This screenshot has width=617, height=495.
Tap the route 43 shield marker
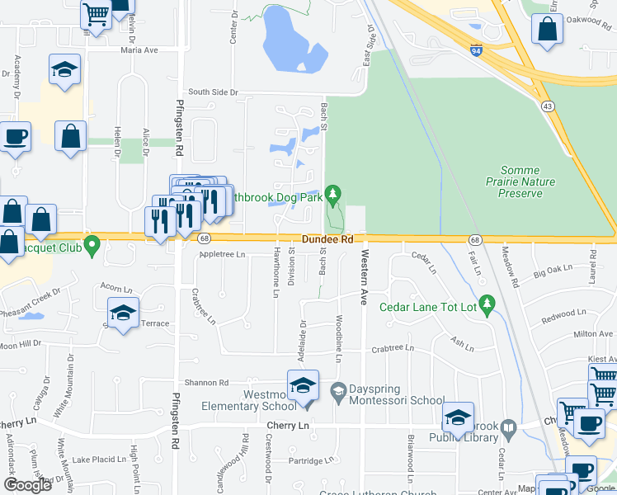click(x=547, y=106)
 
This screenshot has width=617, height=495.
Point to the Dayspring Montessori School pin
click(x=337, y=390)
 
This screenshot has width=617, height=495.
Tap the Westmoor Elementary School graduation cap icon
click(x=303, y=386)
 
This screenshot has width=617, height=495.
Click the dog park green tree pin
click(x=333, y=195)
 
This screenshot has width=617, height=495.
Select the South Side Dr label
click(x=212, y=92)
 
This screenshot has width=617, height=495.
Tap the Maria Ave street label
click(x=138, y=49)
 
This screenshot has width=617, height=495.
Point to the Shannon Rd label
click(x=205, y=382)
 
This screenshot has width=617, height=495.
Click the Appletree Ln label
click(x=223, y=254)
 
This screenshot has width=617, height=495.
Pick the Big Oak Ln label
click(x=553, y=270)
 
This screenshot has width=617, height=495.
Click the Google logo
click(x=26, y=485)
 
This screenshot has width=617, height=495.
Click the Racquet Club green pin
click(x=92, y=245)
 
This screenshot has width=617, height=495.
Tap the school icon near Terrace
click(x=123, y=313)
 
